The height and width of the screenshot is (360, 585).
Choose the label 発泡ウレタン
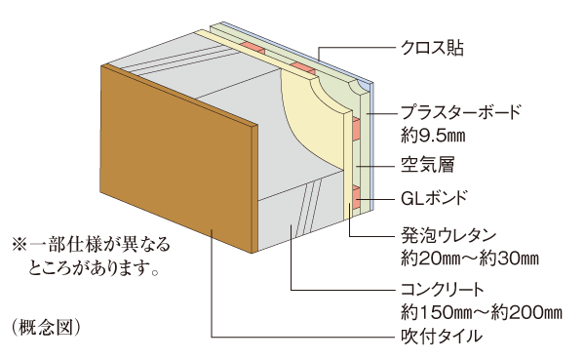pyautogui.click(x=449, y=235)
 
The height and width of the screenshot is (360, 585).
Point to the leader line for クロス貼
pyautogui.click(x=351, y=46)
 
